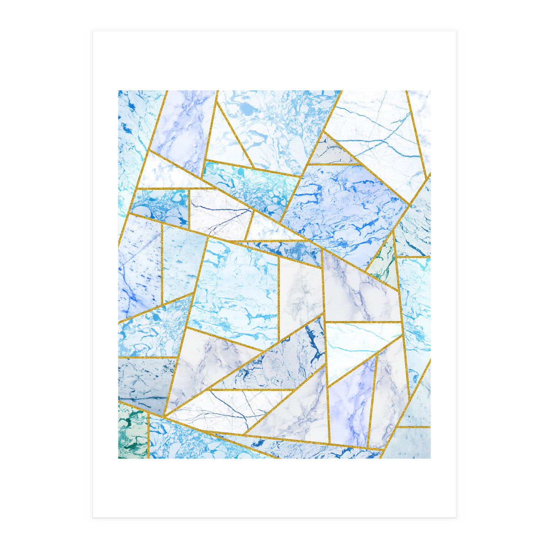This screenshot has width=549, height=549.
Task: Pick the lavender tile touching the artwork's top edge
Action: click(x=183, y=124)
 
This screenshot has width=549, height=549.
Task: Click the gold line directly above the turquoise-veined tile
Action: click(x=364, y=322)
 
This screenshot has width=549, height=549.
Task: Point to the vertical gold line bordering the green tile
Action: click(x=148, y=435)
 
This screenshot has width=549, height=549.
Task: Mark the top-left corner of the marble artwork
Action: click(x=118, y=91)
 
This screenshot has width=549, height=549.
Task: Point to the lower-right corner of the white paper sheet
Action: click(x=456, y=517)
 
